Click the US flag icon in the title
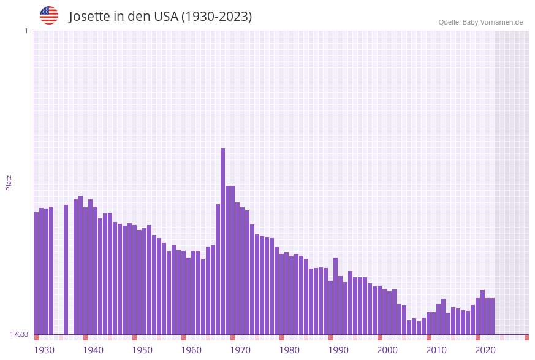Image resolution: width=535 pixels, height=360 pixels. click(49, 15)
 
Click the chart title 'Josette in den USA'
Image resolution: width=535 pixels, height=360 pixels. click(160, 17)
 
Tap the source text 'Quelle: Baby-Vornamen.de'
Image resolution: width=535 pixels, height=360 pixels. click(480, 22)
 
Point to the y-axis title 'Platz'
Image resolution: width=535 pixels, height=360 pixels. click(9, 182)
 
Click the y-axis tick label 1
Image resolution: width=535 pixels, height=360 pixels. click(26, 31)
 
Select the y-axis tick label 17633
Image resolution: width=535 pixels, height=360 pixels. click(19, 334)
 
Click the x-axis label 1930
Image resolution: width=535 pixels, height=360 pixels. click(44, 350)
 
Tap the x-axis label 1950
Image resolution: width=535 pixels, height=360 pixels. click(142, 350)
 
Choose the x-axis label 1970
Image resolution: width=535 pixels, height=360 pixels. click(240, 350)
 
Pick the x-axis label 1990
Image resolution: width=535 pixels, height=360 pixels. click(338, 350)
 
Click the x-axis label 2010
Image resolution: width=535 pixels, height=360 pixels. click(436, 350)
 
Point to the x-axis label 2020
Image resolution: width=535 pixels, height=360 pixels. click(485, 350)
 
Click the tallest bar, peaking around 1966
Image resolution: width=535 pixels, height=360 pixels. click(222, 242)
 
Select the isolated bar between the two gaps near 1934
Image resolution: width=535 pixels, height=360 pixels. click(66, 270)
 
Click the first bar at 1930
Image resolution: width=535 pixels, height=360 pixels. click(36, 274)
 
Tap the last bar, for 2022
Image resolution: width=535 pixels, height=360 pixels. click(492, 316)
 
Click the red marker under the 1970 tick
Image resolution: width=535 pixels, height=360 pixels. click(232, 337)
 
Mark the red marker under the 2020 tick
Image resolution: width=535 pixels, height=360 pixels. click(477, 337)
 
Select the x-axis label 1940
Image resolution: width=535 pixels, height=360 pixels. click(93, 350)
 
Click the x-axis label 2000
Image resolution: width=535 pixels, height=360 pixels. click(387, 350)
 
